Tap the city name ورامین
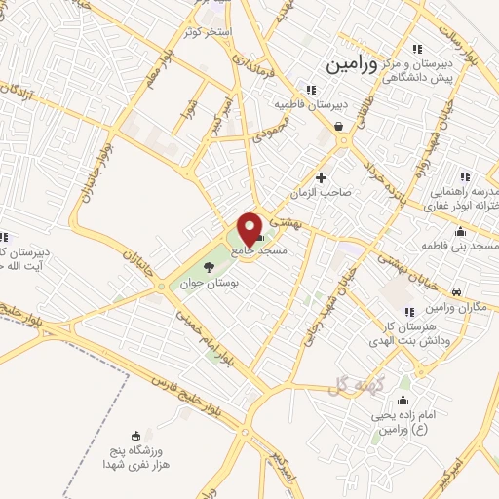click(345, 64)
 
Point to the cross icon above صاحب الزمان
click(322, 176)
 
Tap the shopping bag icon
click(337, 127)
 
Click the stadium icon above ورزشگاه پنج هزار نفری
click(135, 435)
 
